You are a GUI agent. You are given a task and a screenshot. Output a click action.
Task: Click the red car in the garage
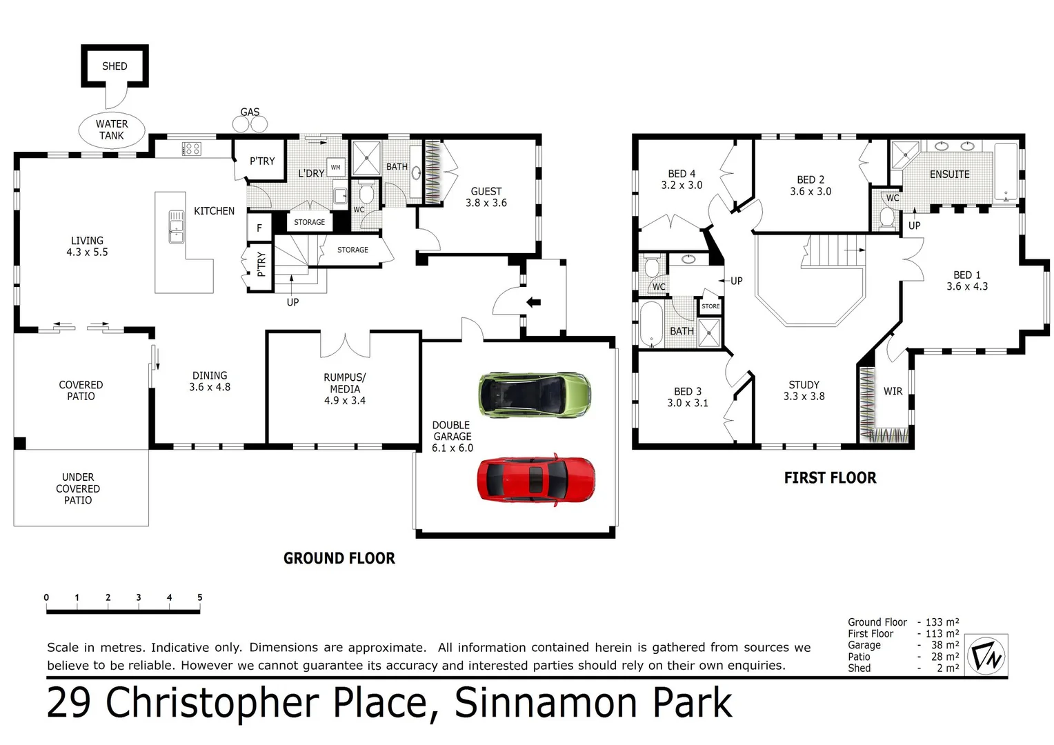[535, 479]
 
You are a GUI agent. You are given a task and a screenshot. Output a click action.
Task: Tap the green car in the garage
[535, 395]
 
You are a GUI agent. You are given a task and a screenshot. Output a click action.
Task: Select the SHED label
[115, 66]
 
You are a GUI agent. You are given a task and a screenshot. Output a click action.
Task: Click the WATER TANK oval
[112, 130]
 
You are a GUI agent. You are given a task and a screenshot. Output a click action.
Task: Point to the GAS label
[250, 112]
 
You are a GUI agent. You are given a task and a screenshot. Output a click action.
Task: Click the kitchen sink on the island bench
[177, 227]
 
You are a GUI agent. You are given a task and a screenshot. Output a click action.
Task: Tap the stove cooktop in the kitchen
[191, 148]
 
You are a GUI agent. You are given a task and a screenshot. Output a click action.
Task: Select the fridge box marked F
[259, 228]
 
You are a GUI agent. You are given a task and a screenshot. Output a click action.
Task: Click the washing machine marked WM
[335, 167]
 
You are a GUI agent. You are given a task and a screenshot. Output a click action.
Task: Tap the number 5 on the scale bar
[200, 597]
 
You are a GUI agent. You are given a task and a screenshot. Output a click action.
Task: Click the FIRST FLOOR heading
[830, 478]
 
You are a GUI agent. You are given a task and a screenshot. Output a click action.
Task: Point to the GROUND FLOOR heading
[339, 558]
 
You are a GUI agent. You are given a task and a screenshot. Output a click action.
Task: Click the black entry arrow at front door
[533, 301]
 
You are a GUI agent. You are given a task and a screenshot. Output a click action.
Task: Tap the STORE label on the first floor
[710, 306]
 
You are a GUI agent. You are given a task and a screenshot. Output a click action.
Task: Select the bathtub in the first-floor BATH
[650, 324]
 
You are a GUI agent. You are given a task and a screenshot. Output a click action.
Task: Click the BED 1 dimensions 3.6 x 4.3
[967, 286]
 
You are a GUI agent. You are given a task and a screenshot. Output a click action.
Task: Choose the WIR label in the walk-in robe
[893, 391]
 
